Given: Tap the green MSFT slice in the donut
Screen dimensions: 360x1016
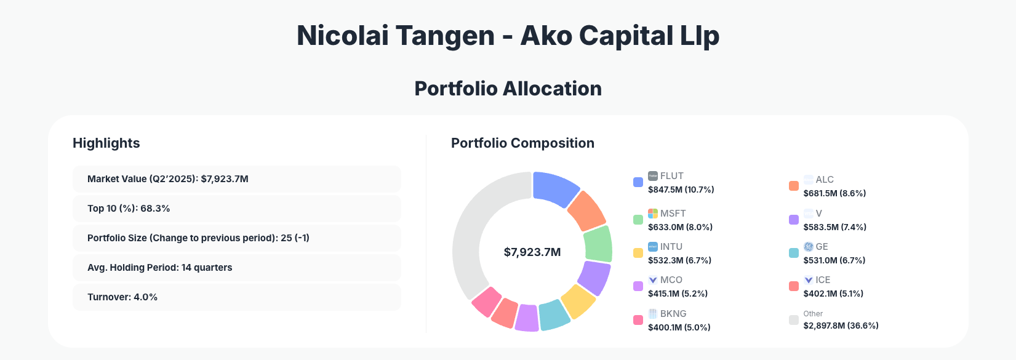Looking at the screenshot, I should click(x=598, y=244).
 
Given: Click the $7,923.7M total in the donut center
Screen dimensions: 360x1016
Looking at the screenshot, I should click(x=532, y=252).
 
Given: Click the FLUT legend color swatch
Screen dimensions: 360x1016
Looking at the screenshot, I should click(x=638, y=182).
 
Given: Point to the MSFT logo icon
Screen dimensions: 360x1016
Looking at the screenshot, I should click(x=653, y=214).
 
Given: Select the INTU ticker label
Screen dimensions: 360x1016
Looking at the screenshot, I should click(x=671, y=247).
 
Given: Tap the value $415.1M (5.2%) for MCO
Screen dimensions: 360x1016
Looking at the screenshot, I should click(x=678, y=294).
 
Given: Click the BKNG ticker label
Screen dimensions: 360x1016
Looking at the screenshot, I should click(x=673, y=314).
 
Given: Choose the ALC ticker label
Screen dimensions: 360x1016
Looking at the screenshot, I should click(x=825, y=180).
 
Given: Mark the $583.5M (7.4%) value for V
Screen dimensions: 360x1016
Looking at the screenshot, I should click(x=834, y=227).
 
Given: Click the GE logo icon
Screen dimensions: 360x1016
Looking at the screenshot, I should click(x=809, y=247).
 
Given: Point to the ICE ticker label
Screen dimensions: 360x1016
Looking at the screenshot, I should click(x=823, y=280).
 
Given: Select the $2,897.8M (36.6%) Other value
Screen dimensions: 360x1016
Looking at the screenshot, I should click(x=841, y=326).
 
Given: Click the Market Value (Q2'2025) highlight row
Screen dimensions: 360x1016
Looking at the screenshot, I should click(x=236, y=179).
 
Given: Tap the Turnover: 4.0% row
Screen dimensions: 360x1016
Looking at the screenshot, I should click(x=236, y=297).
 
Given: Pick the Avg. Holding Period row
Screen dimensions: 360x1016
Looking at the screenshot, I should click(x=236, y=268).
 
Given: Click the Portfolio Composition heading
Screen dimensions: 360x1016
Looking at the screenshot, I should click(x=522, y=143).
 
